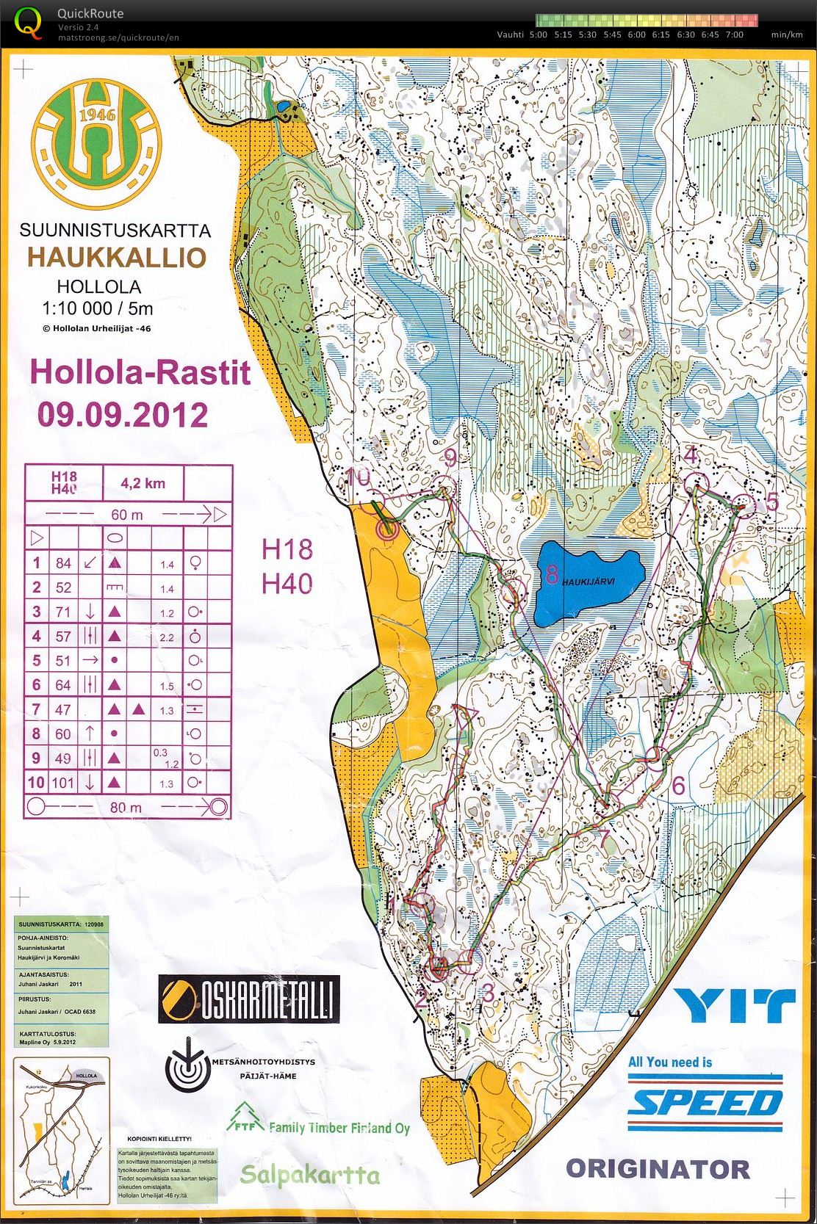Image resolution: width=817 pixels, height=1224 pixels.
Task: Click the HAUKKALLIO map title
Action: [x=117, y=258]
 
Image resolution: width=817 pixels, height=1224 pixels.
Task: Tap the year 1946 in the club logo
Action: [x=97, y=115]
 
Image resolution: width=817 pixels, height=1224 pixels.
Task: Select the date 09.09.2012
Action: [x=123, y=415]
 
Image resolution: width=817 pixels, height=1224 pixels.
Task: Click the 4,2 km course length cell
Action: [x=143, y=483]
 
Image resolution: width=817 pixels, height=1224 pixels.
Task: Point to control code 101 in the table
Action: [x=62, y=783]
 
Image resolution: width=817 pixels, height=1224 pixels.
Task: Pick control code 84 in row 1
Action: [x=63, y=563]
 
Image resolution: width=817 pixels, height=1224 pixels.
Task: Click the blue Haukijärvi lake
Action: [x=588, y=582]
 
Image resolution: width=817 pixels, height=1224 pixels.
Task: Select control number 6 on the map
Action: [x=678, y=786]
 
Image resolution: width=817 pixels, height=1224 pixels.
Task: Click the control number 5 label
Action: [x=771, y=501]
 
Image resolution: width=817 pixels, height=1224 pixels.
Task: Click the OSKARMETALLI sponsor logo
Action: [x=249, y=999]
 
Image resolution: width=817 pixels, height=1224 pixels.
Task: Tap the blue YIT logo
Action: [x=735, y=1006]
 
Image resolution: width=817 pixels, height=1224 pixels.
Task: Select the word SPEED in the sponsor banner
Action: [x=705, y=1103]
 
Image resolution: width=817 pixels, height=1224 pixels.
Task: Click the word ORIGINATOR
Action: [x=658, y=1169]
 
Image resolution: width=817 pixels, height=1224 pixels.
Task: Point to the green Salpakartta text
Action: [x=309, y=1174]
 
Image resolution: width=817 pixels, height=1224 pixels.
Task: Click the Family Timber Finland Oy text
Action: [x=339, y=1127]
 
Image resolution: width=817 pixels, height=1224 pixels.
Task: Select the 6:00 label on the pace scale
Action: [x=636, y=35]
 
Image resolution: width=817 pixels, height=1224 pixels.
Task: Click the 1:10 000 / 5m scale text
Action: [x=98, y=308]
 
